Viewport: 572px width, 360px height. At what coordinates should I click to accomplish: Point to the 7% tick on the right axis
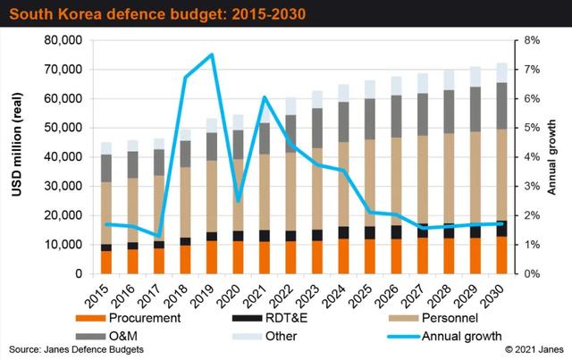pyautogui.click(x=529, y=70)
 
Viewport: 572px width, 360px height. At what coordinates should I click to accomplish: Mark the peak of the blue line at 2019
pyautogui.click(x=211, y=54)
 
